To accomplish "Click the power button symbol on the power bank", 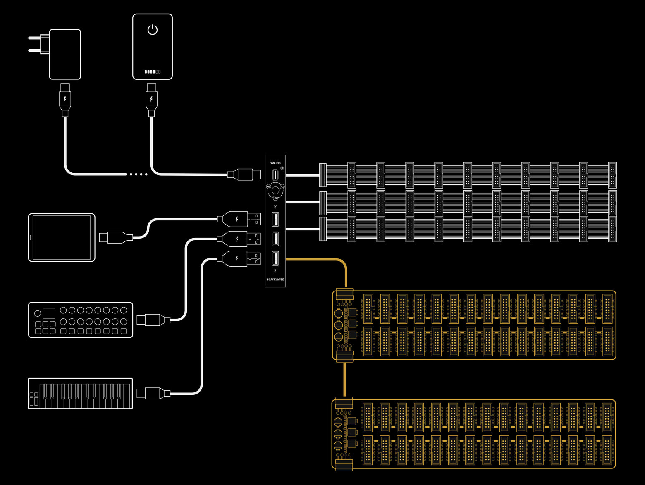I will [153, 30].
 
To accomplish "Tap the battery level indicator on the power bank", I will [153, 72].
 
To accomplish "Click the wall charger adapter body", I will [65, 54].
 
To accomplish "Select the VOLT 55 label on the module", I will [275, 163].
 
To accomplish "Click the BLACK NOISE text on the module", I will [275, 280].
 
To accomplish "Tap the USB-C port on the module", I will [275, 175].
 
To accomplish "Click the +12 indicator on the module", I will [268, 187].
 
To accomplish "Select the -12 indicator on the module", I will [282, 187].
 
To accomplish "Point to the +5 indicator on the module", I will [275, 198].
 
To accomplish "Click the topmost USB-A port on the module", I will [275, 219].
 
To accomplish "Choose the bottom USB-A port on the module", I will [275, 258].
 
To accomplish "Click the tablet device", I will [62, 238].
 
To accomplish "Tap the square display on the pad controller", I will [49, 313].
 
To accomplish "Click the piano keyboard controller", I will [80, 394].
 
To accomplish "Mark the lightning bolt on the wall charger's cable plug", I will [65, 99].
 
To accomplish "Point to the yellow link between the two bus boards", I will [344, 380].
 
